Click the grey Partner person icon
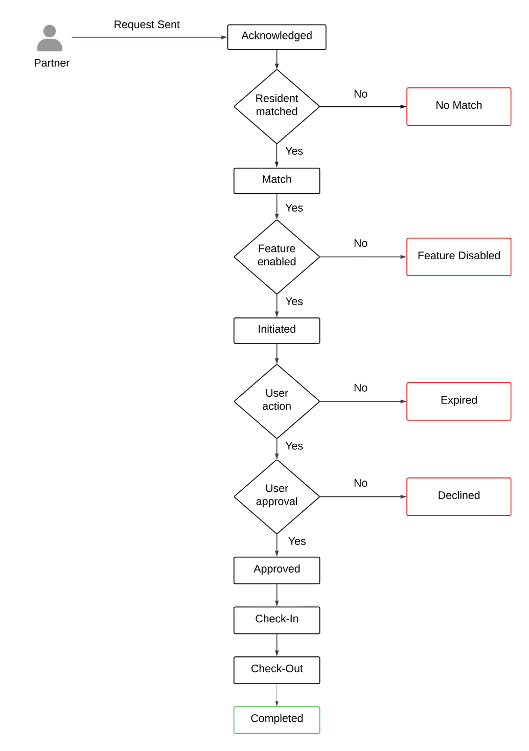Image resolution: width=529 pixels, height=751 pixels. [x=50, y=38]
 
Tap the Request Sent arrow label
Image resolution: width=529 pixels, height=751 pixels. [x=147, y=25]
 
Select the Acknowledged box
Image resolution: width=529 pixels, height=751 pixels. [x=277, y=37]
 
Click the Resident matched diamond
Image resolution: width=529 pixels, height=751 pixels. [x=277, y=106]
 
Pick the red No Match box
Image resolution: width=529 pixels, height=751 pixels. [x=458, y=106]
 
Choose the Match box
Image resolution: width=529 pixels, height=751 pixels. [x=277, y=180]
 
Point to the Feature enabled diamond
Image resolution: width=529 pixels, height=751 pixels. [x=277, y=256]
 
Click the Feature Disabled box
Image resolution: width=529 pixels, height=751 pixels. [x=458, y=257]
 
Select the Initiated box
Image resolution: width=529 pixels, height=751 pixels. [x=277, y=330]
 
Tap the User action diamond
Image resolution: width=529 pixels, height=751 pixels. [x=277, y=401]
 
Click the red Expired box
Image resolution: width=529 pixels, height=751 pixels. [x=458, y=401]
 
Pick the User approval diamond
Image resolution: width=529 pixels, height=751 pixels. [x=277, y=496]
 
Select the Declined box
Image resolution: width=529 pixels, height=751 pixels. [x=458, y=496]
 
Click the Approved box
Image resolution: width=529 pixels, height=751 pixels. [x=277, y=570]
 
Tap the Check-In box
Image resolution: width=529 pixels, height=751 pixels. [x=277, y=620]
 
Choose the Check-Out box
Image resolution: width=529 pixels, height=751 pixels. [x=277, y=670]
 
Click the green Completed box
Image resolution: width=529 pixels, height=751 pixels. [x=277, y=719]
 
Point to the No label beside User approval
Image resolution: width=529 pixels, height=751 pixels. [x=360, y=483]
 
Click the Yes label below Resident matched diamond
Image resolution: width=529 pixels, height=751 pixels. [x=294, y=151]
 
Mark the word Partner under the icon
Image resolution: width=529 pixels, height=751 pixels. [x=52, y=63]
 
